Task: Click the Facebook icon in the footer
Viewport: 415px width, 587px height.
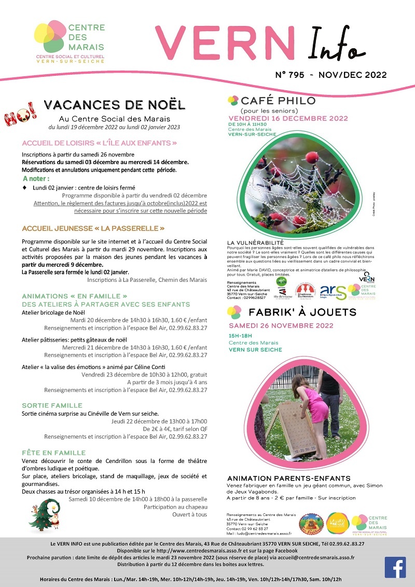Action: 395,567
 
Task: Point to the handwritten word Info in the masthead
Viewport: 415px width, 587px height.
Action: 334,46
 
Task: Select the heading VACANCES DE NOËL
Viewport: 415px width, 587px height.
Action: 114,105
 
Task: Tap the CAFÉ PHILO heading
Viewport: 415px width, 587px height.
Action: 278,101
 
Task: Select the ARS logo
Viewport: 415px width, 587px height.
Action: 330,293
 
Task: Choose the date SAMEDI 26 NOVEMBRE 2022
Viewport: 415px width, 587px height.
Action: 281,326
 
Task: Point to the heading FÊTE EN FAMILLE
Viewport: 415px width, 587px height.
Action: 54,453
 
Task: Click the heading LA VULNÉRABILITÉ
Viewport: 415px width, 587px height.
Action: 255,243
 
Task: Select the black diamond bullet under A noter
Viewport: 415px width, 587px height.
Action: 25,187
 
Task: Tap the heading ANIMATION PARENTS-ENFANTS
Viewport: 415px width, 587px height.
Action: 289,478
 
